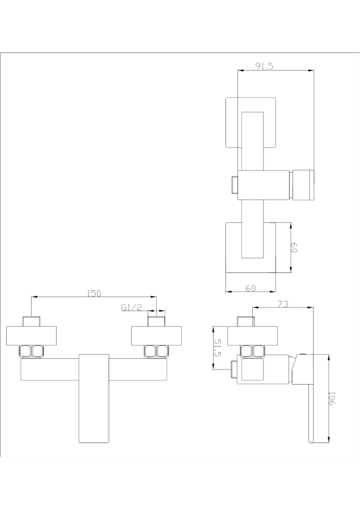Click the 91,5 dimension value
[x=264, y=66]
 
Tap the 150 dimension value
[x=94, y=293]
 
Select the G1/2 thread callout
[x=132, y=307]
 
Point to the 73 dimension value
[x=283, y=304]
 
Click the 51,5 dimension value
[x=218, y=348]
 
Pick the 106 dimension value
[x=332, y=398]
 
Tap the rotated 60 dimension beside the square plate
[x=294, y=248]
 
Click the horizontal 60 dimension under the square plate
[x=250, y=288]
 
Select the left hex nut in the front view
[x=31, y=352]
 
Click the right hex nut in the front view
[x=157, y=352]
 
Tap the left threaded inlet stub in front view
[x=31, y=321]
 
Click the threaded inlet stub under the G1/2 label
[x=157, y=321]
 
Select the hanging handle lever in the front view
[x=93, y=399]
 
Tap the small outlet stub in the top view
[x=234, y=185]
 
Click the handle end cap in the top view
[x=303, y=185]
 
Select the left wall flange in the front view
[x=31, y=336]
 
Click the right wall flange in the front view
[x=156, y=336]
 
